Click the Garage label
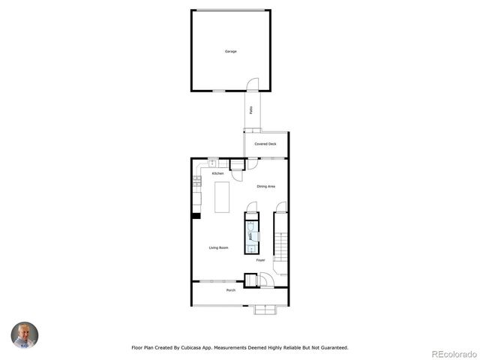[x=230, y=52]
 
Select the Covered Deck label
[x=265, y=143]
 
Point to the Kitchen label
[x=218, y=173]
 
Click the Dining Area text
[x=266, y=186]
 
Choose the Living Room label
[x=218, y=247]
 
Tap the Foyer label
[x=260, y=260]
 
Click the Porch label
[x=230, y=289]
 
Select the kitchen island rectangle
[x=221, y=196]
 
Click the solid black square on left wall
[x=196, y=216]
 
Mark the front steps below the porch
[x=265, y=309]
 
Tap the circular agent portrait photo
[x=25, y=334]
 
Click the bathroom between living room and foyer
[x=250, y=235]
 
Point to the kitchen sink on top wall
[x=212, y=162]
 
